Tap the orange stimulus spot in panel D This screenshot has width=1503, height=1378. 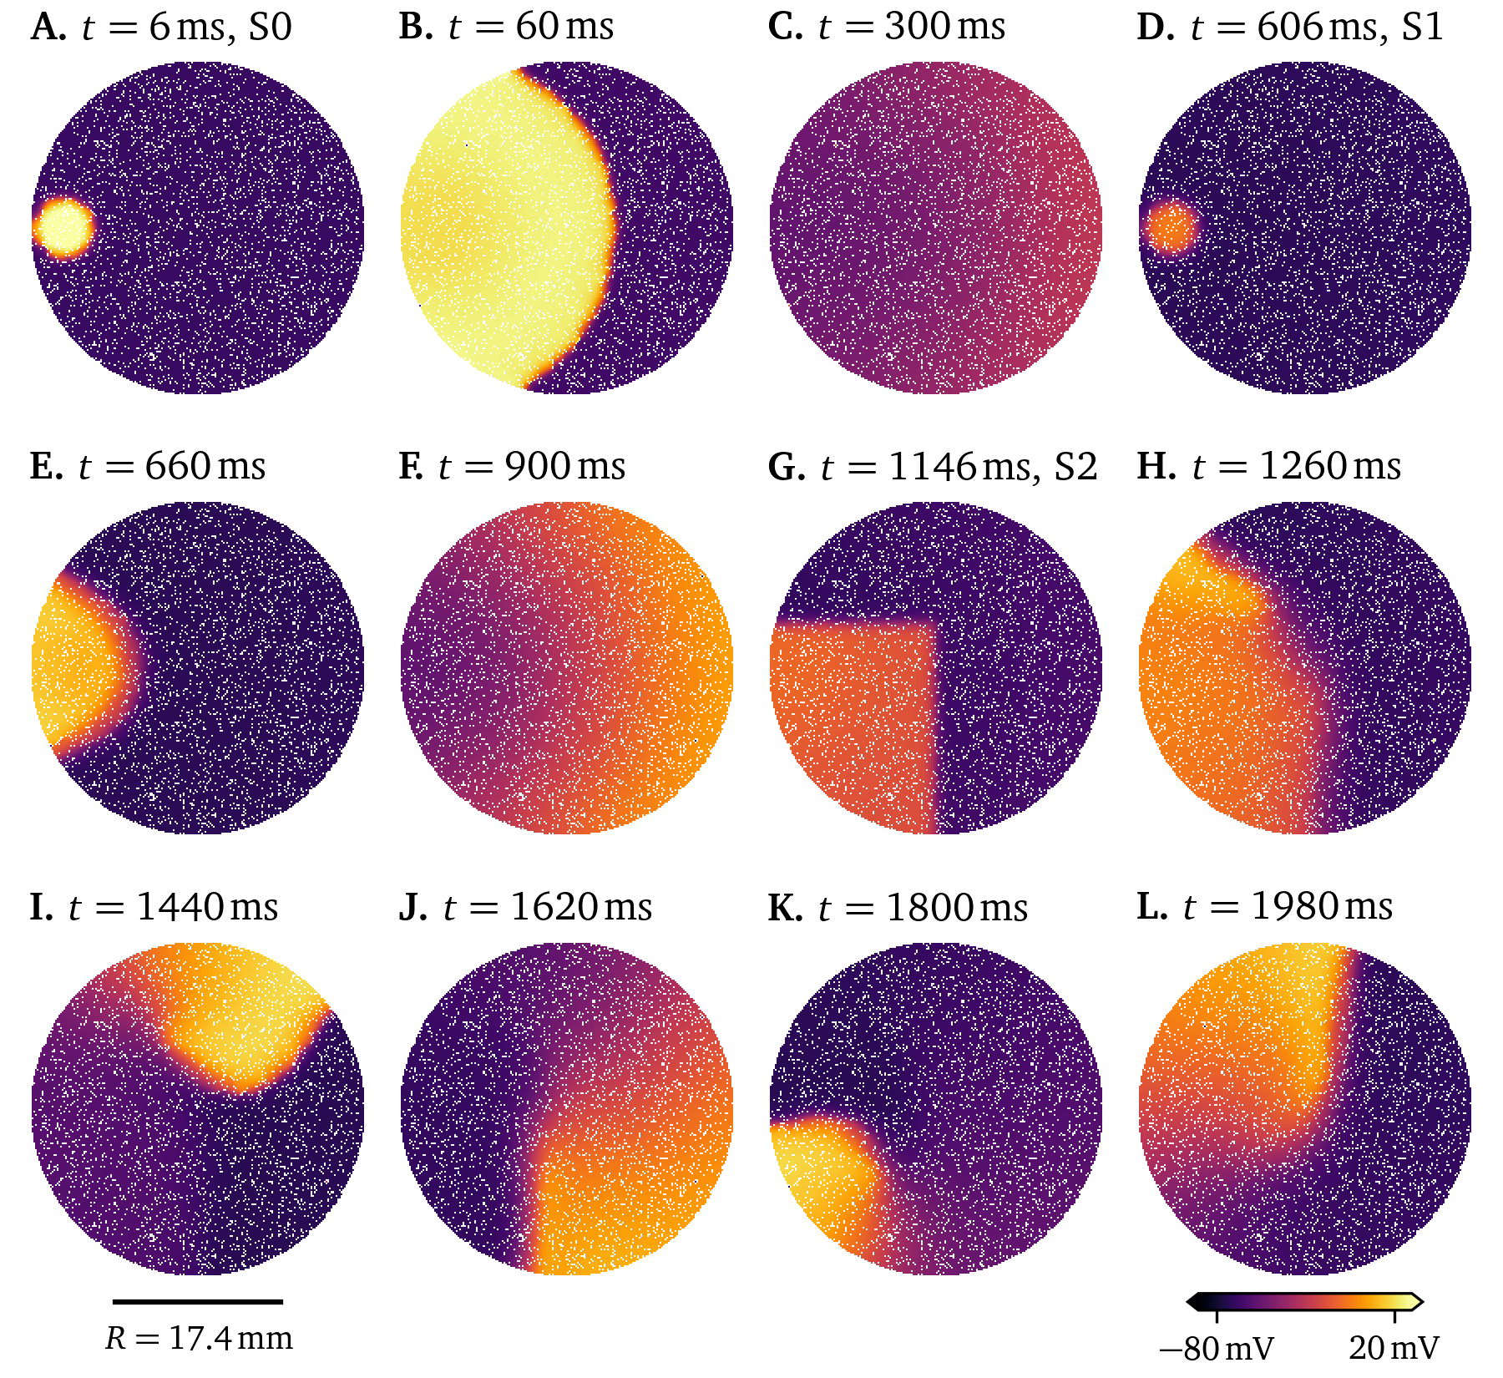pos(1171,227)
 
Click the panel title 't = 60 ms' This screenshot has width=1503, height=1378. pos(530,27)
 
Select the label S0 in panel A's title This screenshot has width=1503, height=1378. pos(270,27)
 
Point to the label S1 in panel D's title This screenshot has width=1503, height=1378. pos(1422,27)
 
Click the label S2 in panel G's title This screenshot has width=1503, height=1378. pos(1075,467)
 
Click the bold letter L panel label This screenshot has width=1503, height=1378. pos(1151,907)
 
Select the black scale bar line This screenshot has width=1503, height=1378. pos(198,1301)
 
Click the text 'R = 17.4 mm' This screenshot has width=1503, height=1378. pos(199,1339)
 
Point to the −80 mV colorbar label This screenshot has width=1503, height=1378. pos(1217,1348)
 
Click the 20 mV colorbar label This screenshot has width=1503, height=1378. pos(1394,1348)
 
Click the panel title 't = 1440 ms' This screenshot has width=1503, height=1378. pos(173,907)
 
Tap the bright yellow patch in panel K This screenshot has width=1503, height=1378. pos(814,1169)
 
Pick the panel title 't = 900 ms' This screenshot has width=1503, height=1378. pos(531,467)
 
